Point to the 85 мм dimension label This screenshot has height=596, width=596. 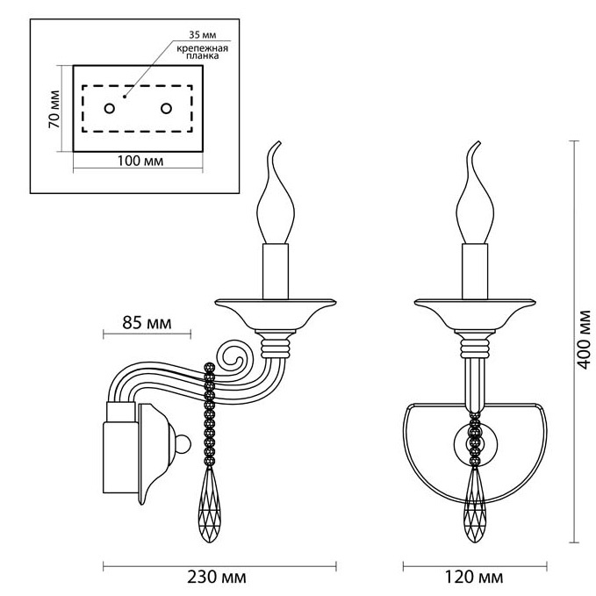point(147,323)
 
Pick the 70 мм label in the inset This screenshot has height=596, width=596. point(54,109)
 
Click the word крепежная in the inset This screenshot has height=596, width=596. point(203,48)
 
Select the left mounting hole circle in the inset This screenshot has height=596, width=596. point(109,108)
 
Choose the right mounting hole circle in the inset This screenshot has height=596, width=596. point(166,108)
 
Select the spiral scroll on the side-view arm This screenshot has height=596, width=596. point(235,356)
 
